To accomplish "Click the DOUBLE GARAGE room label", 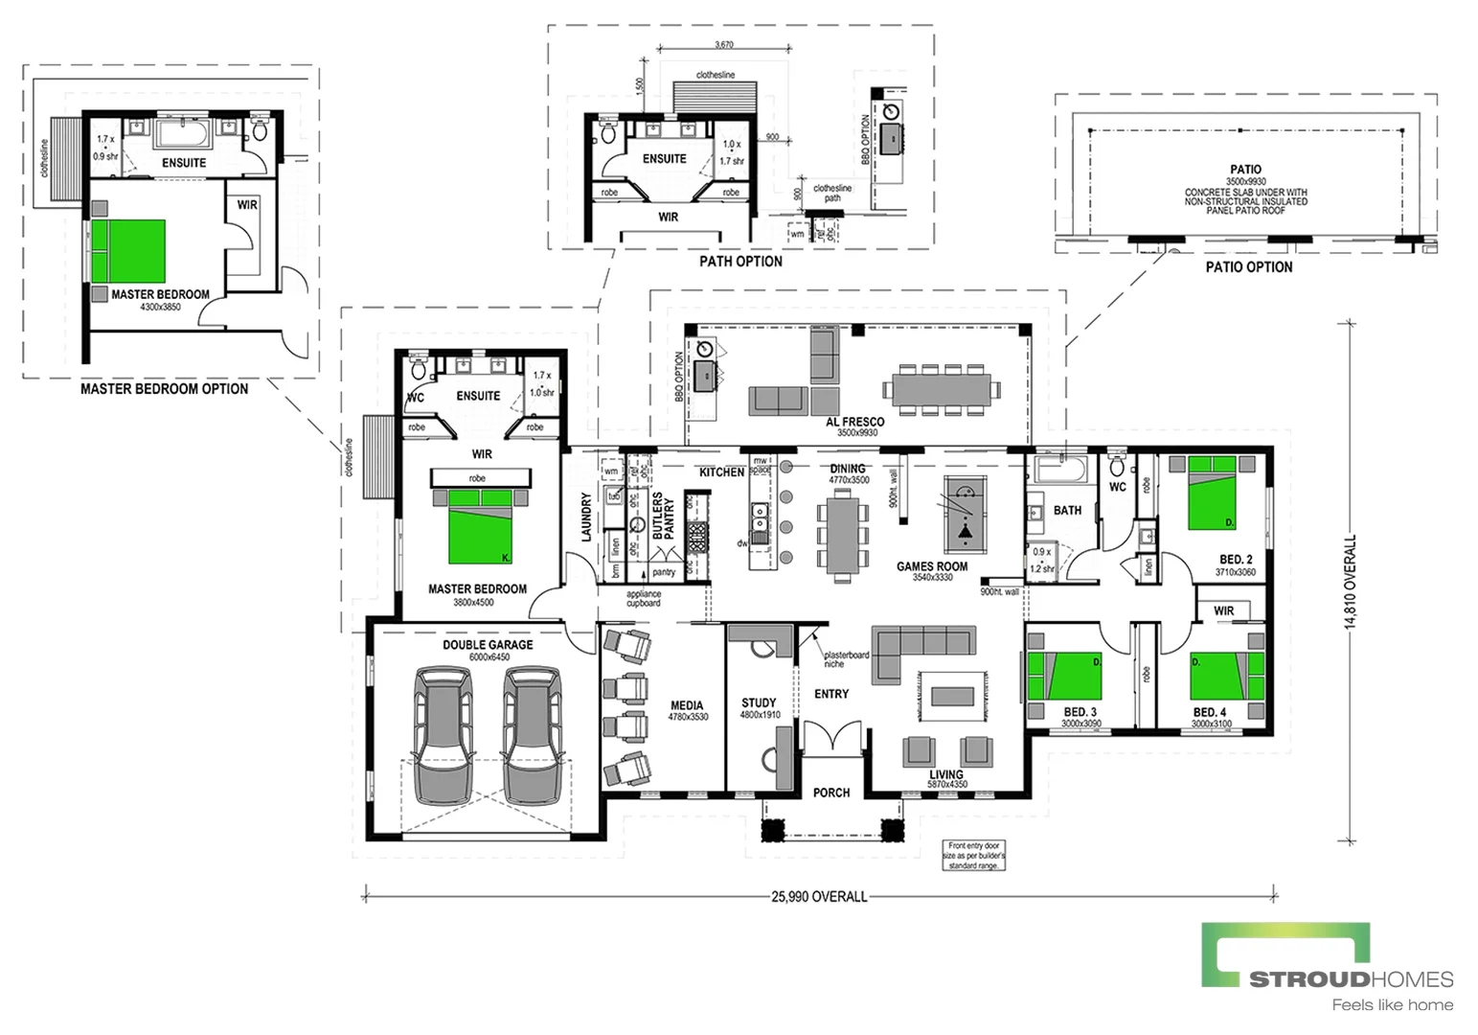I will [x=488, y=645].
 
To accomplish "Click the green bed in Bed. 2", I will [x=1212, y=494].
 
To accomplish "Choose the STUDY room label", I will [x=759, y=702].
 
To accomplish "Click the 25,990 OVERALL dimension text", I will [x=819, y=897].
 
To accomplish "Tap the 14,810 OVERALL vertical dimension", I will [x=1351, y=582].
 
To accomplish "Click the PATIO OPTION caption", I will [x=1248, y=267].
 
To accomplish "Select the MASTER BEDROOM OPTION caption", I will [x=164, y=389].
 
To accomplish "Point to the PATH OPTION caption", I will [x=739, y=261].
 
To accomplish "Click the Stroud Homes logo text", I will [x=1351, y=979].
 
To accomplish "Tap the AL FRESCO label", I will [x=854, y=422].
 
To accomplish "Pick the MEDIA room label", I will [x=688, y=706].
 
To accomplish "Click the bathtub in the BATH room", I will [x=1059, y=471].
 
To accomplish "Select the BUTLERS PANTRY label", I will [x=663, y=516].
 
